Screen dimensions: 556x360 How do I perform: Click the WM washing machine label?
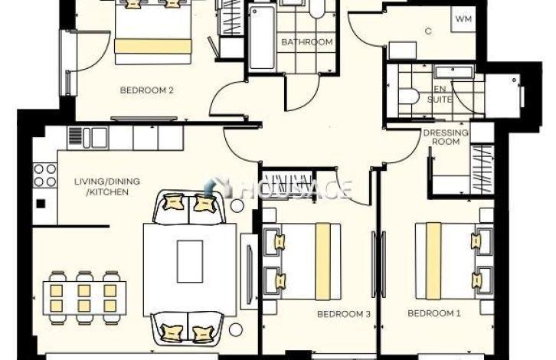[x=463, y=19]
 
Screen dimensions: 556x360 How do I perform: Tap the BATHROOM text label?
[x=307, y=42]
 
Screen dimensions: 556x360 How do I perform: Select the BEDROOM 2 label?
[x=147, y=90]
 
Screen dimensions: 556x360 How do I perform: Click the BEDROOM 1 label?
[x=434, y=313]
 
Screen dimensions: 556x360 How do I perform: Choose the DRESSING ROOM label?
[x=446, y=137]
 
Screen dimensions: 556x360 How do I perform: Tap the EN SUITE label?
[x=440, y=94]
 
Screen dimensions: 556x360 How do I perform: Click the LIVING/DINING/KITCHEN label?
[x=107, y=187]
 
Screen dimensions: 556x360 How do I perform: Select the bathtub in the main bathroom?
[x=262, y=38]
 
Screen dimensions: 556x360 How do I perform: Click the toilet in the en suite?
[x=408, y=96]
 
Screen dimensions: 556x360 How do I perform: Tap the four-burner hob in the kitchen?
[x=44, y=175]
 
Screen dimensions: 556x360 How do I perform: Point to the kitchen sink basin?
[x=100, y=137]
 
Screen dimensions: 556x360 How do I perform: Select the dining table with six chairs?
[x=85, y=297]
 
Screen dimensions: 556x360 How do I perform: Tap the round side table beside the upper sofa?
[x=237, y=205]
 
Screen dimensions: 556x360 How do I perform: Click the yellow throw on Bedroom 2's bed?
[x=153, y=46]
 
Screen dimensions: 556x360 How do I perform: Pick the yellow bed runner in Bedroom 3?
[x=322, y=261]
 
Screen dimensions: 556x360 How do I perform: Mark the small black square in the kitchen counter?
[x=41, y=204]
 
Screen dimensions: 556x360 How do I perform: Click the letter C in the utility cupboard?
[x=428, y=31]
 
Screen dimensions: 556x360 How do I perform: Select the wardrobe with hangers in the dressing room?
[x=482, y=169]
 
